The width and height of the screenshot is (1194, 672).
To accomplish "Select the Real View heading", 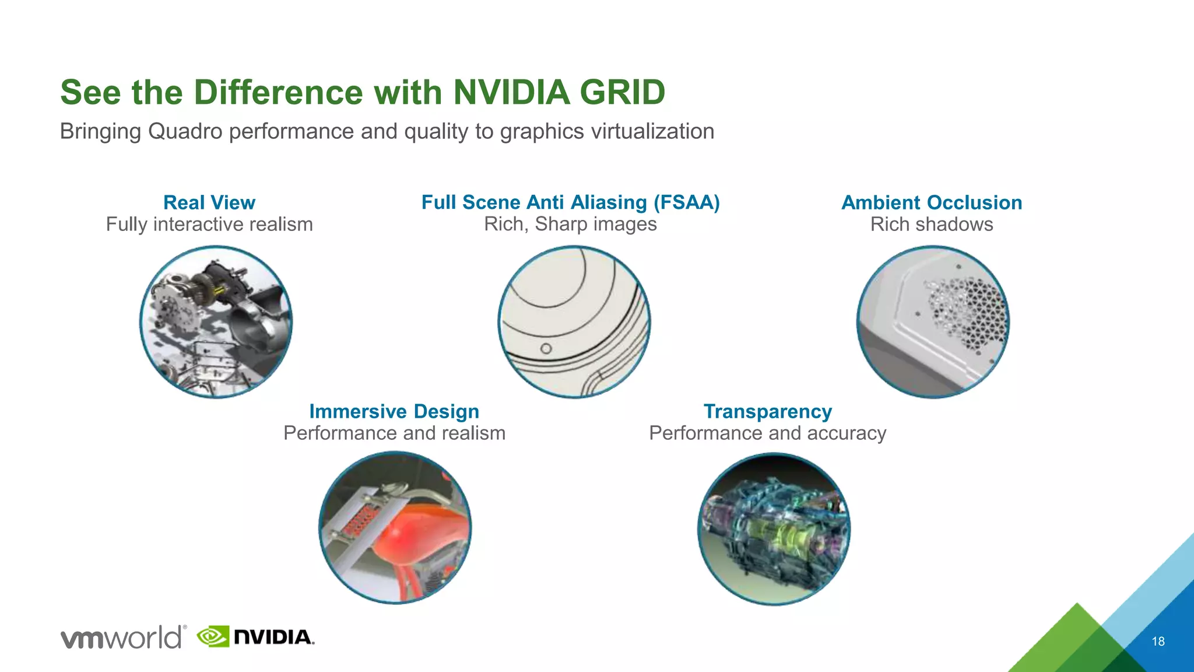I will (x=209, y=202).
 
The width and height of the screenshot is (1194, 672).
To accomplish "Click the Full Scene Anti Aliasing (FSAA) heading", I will (x=570, y=202).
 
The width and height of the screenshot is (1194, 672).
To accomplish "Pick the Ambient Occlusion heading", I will (x=932, y=202).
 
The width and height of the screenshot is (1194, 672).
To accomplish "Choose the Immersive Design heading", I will (x=394, y=411).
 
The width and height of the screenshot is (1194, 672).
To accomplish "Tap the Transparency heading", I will (x=767, y=411).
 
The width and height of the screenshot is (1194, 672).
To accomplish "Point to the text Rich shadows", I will (x=932, y=225).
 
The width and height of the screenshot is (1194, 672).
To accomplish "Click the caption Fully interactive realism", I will (x=209, y=225).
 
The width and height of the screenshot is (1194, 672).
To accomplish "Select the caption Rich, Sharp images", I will (x=570, y=225).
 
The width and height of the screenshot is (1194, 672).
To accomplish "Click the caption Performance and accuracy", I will (x=767, y=433).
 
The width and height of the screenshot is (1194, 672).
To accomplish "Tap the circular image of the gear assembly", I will (x=216, y=322).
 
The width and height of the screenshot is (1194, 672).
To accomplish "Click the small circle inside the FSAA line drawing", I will (x=546, y=349).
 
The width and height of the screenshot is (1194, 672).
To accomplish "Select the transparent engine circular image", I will (x=774, y=529).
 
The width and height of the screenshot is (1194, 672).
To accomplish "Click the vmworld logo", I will (x=123, y=637).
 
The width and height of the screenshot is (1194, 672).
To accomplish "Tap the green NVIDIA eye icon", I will (x=213, y=636).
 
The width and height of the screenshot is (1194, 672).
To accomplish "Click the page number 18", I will (x=1158, y=642).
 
